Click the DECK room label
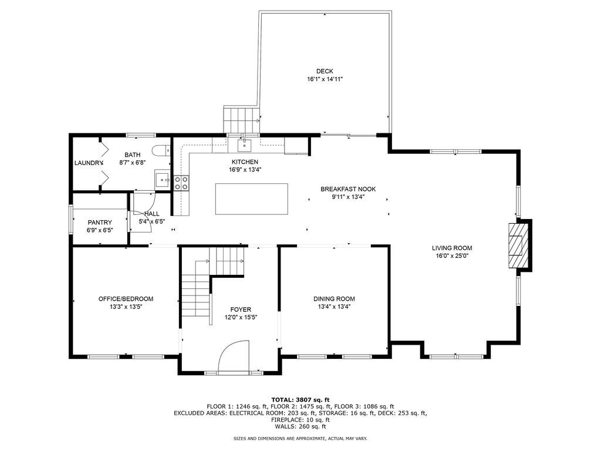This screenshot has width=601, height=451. coord(325,71)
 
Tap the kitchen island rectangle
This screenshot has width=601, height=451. coord(251,199)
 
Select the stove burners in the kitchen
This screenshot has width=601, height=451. coord(182,183)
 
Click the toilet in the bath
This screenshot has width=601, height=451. coord(161,151)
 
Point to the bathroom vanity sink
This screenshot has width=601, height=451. coord(163,180)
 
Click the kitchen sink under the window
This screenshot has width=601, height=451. coord(244,144)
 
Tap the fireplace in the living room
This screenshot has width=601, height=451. coord(519,245)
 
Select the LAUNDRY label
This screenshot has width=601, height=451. coord(89,163)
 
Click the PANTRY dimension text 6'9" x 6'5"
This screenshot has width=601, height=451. coord(100,230)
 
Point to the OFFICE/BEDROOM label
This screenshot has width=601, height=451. coord(126,299)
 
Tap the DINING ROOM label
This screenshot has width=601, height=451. coord(334,299)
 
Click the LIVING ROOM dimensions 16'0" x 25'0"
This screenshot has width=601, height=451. coord(452,256)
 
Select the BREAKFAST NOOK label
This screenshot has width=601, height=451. coord(348,189)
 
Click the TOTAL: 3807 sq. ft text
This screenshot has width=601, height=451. coord(300,399)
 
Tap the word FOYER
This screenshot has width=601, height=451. coord(241,309)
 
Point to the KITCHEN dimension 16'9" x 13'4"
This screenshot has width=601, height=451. coord(245,170)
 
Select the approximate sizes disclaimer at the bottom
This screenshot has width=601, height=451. coord(300,438)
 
